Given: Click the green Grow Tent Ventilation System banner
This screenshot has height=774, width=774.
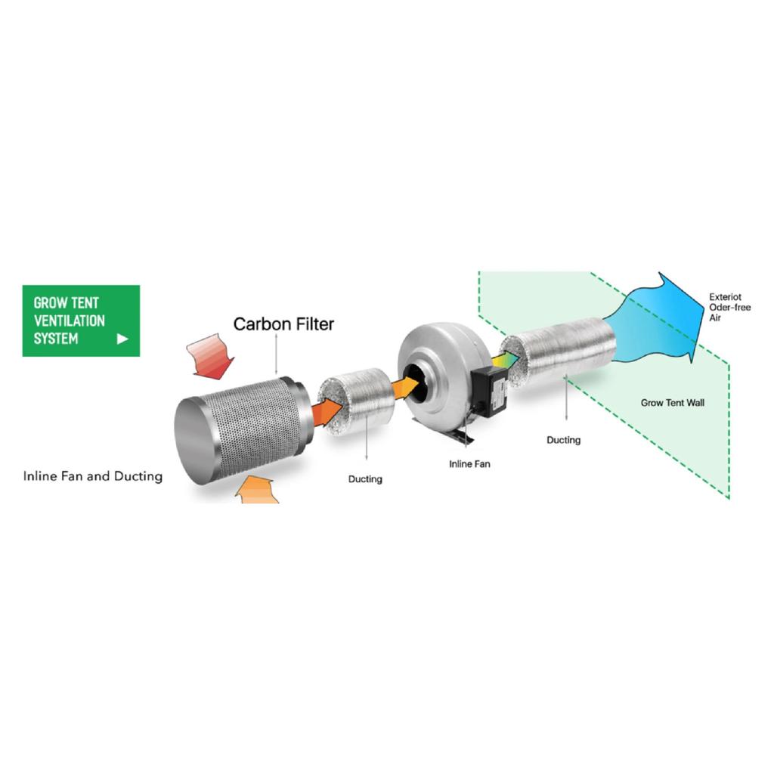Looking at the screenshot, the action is [81, 320].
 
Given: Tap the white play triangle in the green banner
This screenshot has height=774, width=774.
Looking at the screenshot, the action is [122, 339].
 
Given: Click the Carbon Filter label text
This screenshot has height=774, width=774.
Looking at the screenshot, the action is [283, 324].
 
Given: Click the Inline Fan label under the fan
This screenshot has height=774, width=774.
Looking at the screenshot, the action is [469, 464].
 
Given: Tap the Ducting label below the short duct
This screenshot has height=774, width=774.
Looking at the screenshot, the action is [365, 478].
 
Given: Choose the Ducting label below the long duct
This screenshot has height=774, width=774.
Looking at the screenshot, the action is [563, 440].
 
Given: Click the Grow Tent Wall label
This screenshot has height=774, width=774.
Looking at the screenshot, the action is [672, 403].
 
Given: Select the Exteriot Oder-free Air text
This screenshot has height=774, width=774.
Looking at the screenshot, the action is [729, 307].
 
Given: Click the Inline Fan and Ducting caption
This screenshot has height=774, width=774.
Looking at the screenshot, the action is [93, 476].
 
